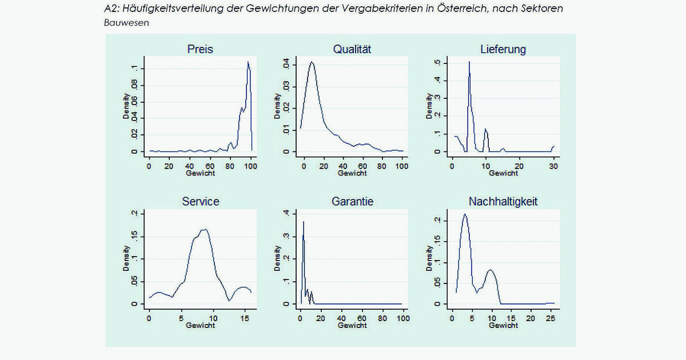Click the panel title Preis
point(200,49)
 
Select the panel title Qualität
point(352,49)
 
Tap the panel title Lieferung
point(503,49)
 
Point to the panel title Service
point(200,202)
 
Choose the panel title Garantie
point(352,202)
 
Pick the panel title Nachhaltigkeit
point(503,202)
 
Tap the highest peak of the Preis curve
point(248,62)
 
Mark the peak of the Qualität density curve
point(312,62)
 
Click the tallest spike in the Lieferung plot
point(469,62)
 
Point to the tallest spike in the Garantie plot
point(304,222)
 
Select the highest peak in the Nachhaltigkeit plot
point(465,214)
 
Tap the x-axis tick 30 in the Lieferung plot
point(553,166)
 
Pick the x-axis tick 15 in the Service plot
point(245,318)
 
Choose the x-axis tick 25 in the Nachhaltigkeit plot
point(550,318)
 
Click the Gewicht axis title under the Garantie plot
point(352,325)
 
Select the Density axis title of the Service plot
point(126,258)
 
